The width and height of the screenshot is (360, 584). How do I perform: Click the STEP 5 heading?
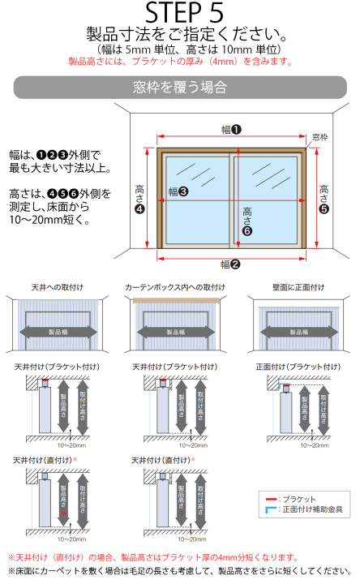tap(179, 12)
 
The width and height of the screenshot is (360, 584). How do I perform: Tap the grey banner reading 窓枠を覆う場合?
tap(179, 87)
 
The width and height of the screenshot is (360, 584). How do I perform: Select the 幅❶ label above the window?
tap(232, 129)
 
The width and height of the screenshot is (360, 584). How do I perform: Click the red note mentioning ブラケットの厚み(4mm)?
tap(179, 61)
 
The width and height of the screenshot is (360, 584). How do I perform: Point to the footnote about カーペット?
tap(179, 573)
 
